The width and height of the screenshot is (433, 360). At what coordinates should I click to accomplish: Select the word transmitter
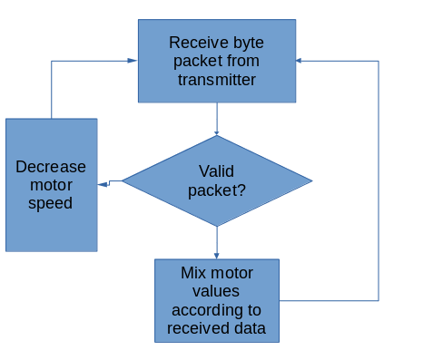[x=216, y=80]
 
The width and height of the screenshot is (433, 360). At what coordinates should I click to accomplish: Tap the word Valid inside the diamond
[x=217, y=171]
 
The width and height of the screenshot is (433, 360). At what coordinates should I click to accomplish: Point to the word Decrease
[x=51, y=166]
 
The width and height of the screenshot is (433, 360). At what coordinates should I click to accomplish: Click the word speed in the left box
[x=51, y=203]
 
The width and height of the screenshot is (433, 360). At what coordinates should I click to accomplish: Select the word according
[x=216, y=309]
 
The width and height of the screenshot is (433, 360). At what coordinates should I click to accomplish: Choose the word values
[x=216, y=291]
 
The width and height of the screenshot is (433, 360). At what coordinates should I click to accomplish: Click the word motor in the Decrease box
[x=51, y=185]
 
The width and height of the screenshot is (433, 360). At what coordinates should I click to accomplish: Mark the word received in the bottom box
[x=198, y=327]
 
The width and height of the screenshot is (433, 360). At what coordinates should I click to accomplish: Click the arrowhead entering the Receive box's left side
[x=133, y=61]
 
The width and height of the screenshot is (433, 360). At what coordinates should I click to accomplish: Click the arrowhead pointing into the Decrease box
[x=103, y=184]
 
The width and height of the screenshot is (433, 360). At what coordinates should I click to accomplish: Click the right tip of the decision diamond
[x=311, y=181]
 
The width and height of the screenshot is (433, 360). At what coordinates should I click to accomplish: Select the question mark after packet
[x=241, y=190]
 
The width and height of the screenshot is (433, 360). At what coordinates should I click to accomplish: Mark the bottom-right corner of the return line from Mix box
[x=378, y=300]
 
